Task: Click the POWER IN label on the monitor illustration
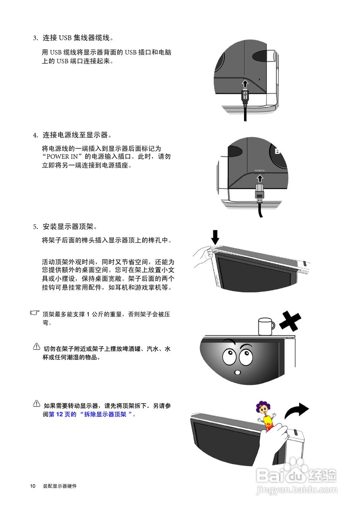260,170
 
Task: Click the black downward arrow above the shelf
215,236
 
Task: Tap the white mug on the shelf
265,326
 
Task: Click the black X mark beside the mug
290,321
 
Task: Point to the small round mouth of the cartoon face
238,373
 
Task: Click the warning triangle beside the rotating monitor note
37,403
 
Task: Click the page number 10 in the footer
33,486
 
